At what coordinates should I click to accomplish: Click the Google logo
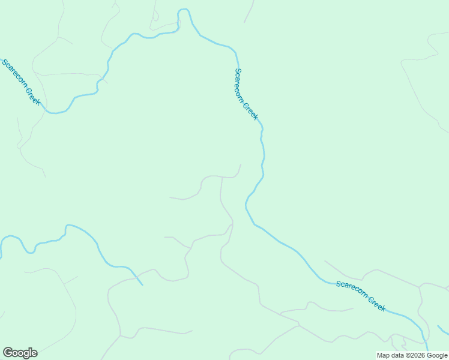(x=20, y=353)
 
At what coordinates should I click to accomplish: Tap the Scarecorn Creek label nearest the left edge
(x=21, y=82)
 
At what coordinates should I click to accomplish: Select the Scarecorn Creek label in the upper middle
(x=246, y=94)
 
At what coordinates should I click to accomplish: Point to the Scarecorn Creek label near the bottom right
(x=361, y=295)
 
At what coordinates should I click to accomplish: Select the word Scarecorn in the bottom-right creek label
(x=351, y=290)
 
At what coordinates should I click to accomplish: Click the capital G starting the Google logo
(x=8, y=353)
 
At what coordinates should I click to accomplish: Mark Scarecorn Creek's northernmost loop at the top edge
(x=184, y=11)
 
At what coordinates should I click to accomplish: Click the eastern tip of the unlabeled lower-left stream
(x=142, y=284)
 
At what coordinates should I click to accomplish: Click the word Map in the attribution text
(x=383, y=355)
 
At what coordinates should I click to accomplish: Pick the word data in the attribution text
(x=397, y=355)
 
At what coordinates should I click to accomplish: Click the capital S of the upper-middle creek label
(x=238, y=71)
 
